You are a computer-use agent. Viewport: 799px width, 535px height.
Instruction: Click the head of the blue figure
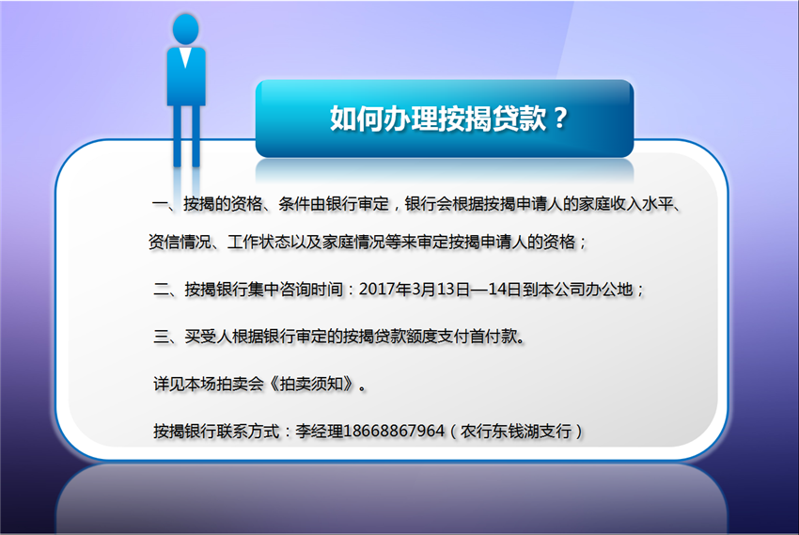point(185,29)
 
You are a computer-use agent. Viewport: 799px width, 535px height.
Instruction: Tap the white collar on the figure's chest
point(185,57)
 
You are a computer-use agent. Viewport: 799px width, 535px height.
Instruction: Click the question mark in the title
point(560,118)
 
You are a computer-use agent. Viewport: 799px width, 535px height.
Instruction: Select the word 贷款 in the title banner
point(520,118)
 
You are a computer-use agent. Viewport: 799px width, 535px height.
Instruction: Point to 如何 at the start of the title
point(356,118)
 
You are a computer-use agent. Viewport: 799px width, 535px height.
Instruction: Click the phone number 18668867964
point(394,431)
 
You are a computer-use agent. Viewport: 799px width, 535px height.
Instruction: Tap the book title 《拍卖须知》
point(310,384)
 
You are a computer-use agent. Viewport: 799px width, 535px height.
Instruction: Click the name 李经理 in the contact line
point(319,431)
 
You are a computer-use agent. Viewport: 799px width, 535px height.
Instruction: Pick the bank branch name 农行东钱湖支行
point(516,432)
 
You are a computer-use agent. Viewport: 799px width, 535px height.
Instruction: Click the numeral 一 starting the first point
point(160,204)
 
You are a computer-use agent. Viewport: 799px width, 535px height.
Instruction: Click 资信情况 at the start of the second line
point(180,242)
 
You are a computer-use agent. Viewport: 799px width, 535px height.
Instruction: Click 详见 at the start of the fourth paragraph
point(168,384)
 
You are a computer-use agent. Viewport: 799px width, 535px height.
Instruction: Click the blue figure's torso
point(186,76)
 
